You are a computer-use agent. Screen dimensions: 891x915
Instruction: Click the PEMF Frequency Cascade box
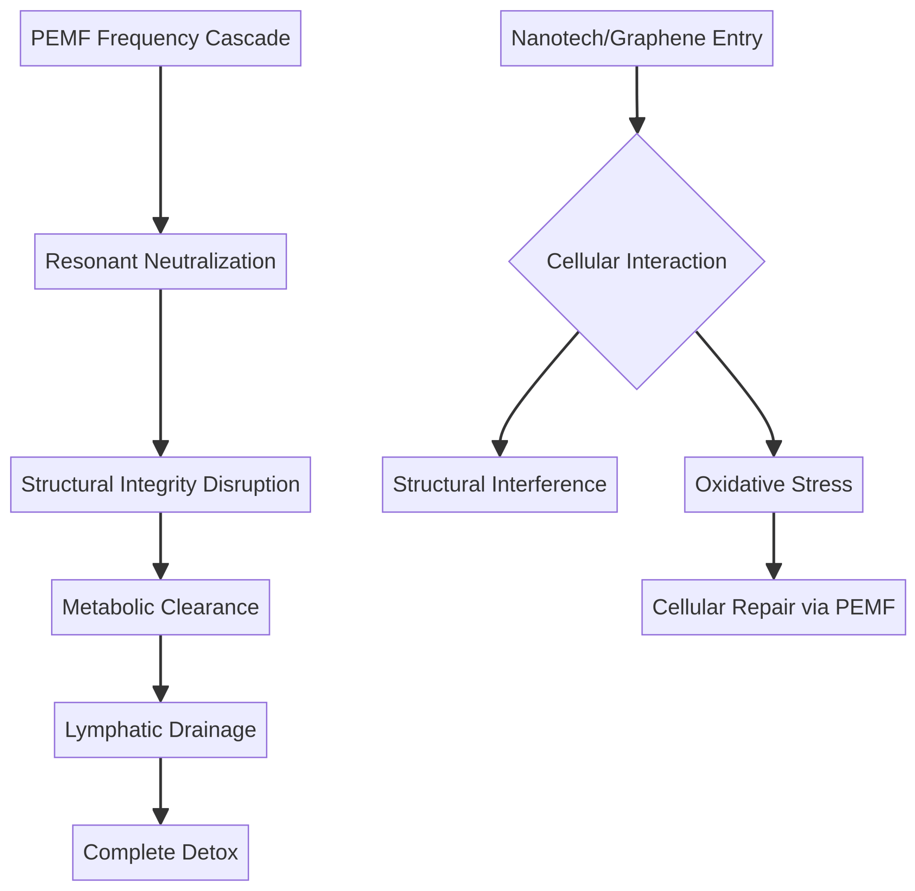pos(160,38)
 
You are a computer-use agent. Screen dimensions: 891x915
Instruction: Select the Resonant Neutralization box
pos(160,262)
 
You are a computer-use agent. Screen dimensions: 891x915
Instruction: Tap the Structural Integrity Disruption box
pos(160,484)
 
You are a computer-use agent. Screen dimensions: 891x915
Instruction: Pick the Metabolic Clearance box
pos(160,607)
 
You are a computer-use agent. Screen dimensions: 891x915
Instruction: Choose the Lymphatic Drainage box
pos(160,730)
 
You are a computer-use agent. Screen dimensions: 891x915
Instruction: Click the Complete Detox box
pos(160,853)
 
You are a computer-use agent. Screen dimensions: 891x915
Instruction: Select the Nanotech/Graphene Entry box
pos(637,38)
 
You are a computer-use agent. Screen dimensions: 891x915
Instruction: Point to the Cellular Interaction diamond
pos(637,262)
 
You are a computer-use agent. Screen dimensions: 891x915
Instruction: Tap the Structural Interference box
pos(500,484)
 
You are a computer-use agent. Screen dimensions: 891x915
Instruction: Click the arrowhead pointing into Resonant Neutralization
pos(160,226)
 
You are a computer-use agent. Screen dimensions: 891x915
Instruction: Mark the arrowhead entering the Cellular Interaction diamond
pos(637,125)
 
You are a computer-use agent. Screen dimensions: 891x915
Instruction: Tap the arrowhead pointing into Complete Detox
pos(160,817)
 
